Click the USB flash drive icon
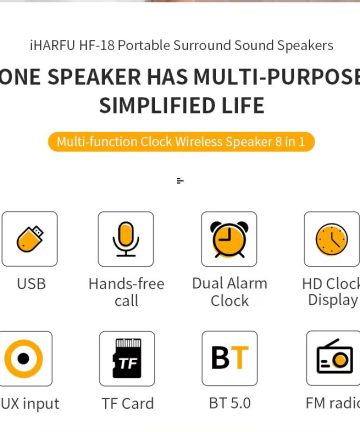30,239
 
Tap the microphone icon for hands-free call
126,239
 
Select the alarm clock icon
229,239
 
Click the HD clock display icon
331,239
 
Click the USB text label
31,284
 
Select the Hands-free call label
126,292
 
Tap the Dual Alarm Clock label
229,292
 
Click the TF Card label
127,404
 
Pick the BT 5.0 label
229,404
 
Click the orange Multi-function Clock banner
181,142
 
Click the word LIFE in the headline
241,106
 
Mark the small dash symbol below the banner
180,181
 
